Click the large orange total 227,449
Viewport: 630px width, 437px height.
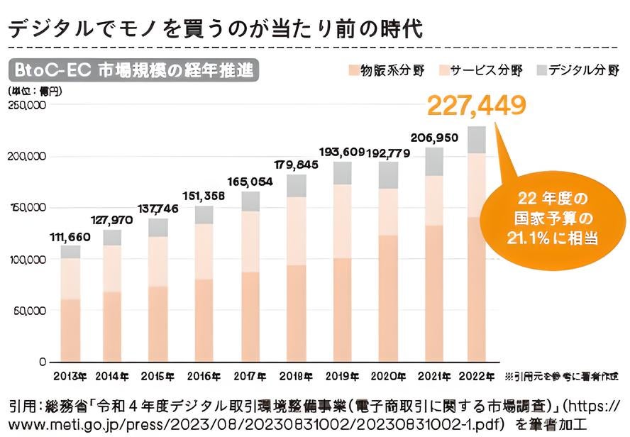[477, 106]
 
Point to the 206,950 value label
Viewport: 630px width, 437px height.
[433, 138]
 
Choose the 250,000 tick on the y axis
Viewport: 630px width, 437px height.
[26, 105]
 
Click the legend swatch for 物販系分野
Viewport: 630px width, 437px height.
[353, 71]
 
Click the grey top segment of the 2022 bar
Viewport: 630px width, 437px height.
[477, 140]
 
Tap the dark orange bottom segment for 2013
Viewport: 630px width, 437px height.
[70, 330]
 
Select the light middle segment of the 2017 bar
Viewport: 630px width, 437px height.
[250, 241]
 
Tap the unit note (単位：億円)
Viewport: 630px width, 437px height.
[36, 91]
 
